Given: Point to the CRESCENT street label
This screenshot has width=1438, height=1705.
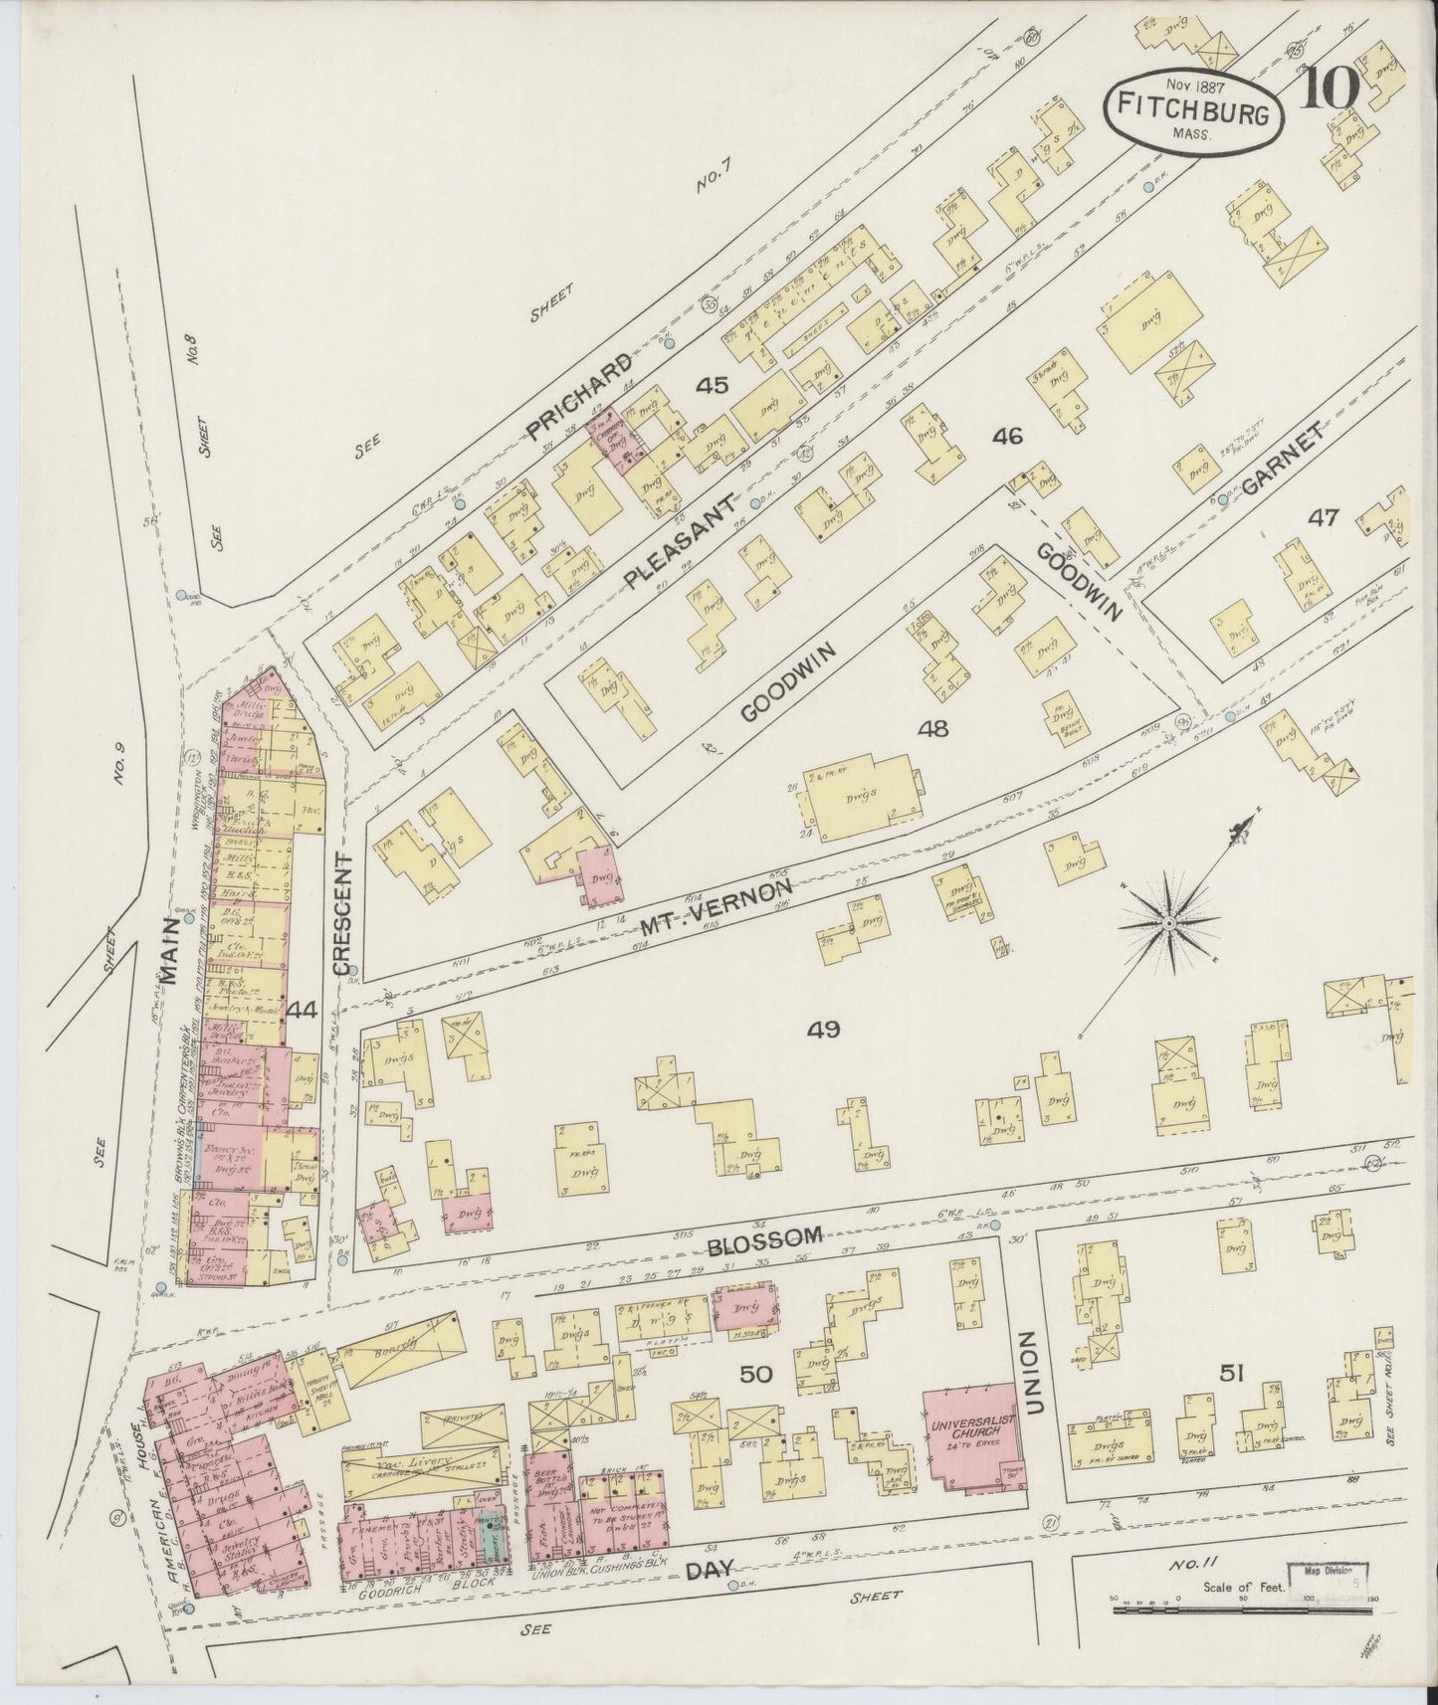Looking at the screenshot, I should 343,913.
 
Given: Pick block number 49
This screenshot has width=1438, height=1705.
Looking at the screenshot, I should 824,1029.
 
